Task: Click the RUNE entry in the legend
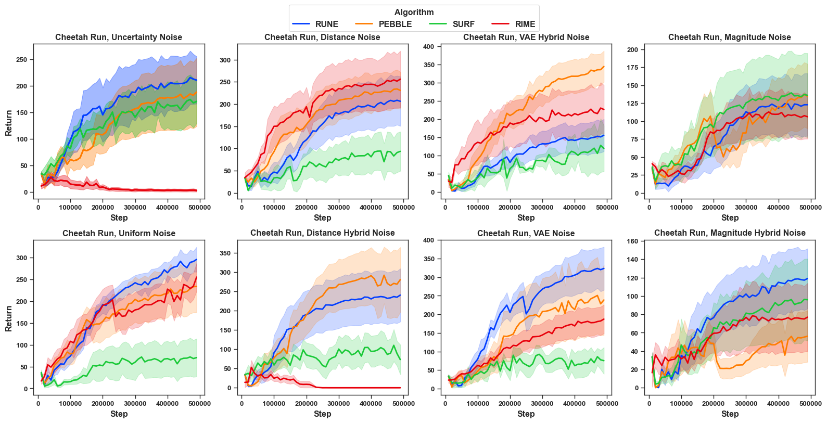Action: (x=315, y=24)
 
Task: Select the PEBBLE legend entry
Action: (x=384, y=24)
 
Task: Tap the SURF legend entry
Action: (x=452, y=24)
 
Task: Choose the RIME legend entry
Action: (x=514, y=24)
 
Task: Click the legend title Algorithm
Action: (x=414, y=12)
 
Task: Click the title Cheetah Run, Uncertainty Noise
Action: (x=119, y=37)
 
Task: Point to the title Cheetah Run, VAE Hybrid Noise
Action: (x=526, y=37)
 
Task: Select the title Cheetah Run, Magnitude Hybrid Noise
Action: (x=730, y=233)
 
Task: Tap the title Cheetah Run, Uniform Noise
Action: (x=119, y=233)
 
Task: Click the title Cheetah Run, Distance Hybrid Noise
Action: (x=322, y=233)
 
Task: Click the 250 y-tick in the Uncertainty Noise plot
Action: (x=22, y=60)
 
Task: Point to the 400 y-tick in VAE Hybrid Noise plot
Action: (x=428, y=47)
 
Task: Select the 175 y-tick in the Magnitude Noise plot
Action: (x=632, y=68)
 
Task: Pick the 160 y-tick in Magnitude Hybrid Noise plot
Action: (x=632, y=241)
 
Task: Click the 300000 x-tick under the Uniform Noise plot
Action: (x=135, y=403)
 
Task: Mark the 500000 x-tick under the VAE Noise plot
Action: (x=607, y=403)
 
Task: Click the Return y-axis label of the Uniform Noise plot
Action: (x=8, y=318)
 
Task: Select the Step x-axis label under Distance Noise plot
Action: (x=322, y=217)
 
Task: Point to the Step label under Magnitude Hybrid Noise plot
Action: (x=730, y=414)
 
